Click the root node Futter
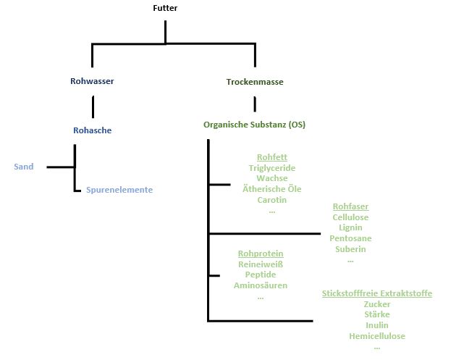165,9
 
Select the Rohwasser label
93,81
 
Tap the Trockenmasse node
255,82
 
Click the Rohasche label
93,130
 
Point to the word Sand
24,167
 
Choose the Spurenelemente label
119,190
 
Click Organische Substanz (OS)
254,125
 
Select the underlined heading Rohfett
271,156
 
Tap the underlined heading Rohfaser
350,206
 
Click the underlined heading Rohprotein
261,254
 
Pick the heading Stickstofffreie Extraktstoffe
377,293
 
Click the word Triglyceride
271,168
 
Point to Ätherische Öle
271,189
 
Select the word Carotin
271,200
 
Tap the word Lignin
350,227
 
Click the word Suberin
350,249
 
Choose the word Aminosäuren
261,285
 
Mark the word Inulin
377,325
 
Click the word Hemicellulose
377,336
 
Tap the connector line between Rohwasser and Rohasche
93,106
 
